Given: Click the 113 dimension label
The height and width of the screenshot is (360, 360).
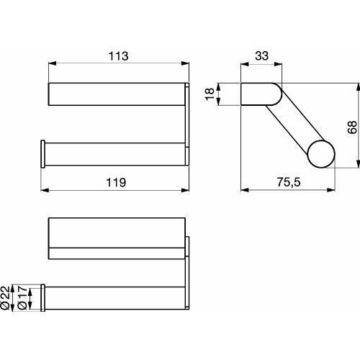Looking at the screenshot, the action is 119,56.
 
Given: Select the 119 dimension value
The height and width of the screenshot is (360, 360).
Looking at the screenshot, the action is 116,182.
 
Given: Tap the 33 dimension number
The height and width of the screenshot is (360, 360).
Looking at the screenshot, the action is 261,56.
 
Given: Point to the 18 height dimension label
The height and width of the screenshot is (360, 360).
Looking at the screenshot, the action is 210,94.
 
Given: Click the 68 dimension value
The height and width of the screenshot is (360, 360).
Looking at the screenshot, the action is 352,127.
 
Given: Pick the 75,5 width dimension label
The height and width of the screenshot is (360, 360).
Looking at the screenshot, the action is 289,182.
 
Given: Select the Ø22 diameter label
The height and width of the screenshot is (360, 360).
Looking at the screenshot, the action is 6,297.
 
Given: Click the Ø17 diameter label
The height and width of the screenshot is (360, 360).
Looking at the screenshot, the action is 22,297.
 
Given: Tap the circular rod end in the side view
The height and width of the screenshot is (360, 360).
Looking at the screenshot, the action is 321,154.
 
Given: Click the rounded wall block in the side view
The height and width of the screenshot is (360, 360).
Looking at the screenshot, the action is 261,94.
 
